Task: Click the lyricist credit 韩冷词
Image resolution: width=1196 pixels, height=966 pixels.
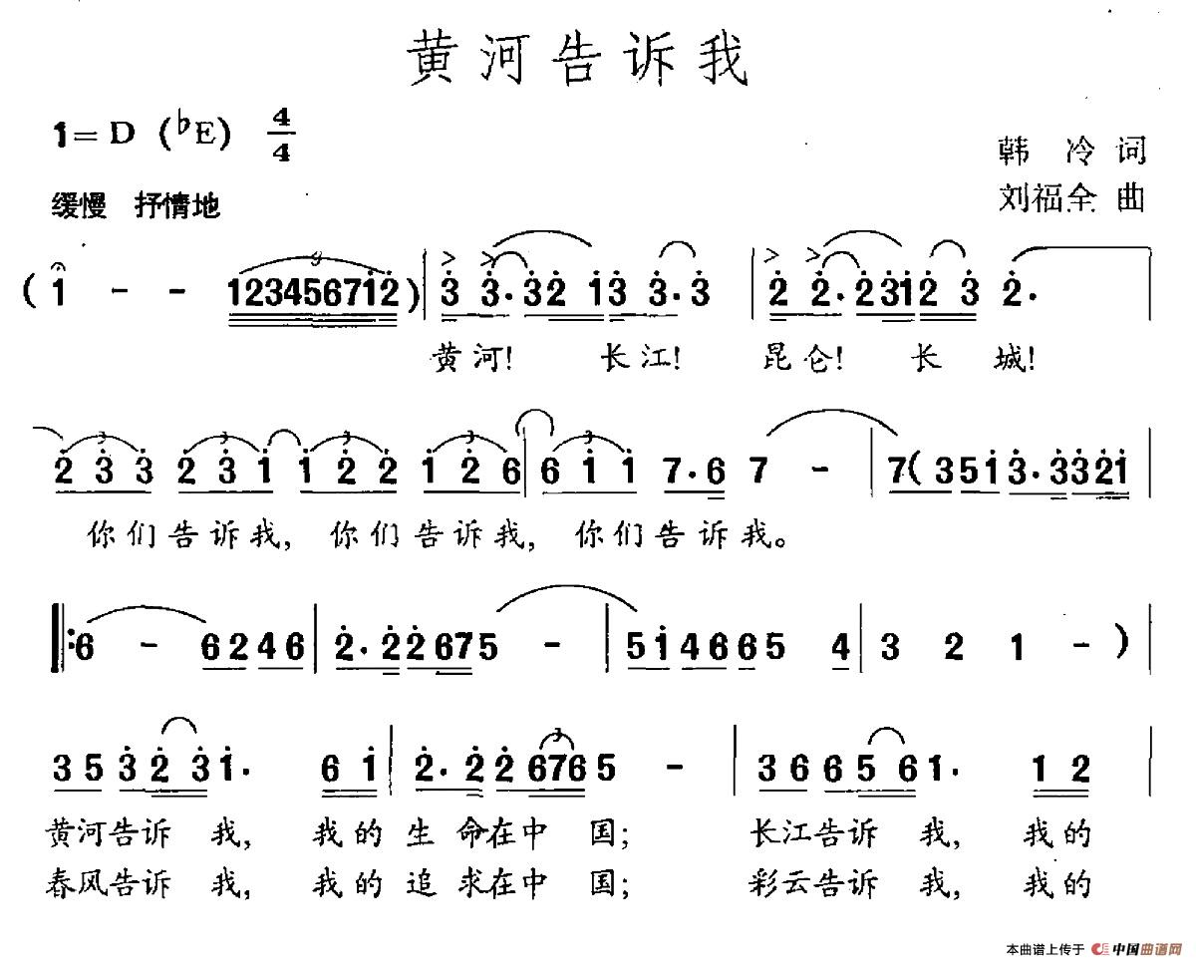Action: tap(1070, 153)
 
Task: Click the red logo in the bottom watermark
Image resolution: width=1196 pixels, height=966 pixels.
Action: tap(1100, 948)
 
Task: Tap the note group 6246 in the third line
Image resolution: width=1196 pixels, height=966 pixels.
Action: tap(253, 649)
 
